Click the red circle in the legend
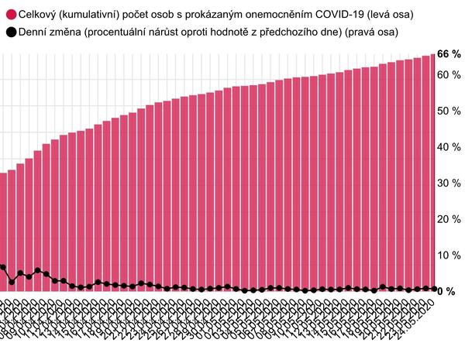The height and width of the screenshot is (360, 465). [x=10, y=15]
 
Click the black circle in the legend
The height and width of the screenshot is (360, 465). [x=10, y=33]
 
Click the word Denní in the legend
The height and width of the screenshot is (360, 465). [x=34, y=33]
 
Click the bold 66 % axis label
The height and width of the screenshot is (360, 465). [x=449, y=54]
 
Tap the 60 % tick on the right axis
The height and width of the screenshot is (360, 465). [x=449, y=75]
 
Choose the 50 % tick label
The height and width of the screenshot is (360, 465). [x=449, y=111]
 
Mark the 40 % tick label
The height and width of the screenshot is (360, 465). [x=449, y=147]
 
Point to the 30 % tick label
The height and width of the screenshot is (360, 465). [x=449, y=183]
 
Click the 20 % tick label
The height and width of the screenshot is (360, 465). [x=449, y=219]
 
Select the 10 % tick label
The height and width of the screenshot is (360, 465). [x=449, y=255]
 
